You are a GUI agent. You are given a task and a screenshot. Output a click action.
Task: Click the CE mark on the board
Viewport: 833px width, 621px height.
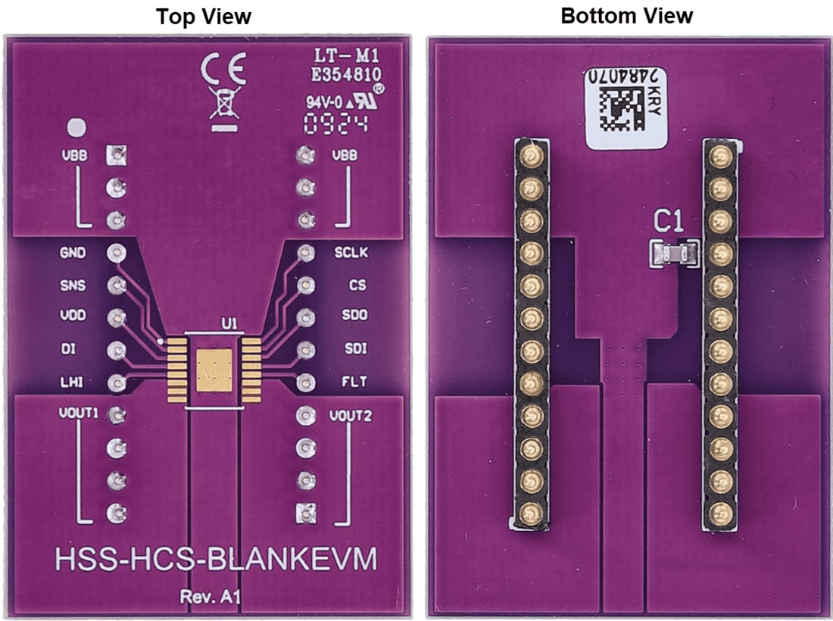[x=223, y=72]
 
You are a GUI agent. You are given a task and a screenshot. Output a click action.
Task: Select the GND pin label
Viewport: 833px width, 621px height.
[x=73, y=253]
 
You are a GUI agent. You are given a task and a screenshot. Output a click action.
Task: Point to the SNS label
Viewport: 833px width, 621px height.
[x=73, y=286]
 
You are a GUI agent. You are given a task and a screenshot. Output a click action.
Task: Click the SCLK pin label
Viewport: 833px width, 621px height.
[x=351, y=252]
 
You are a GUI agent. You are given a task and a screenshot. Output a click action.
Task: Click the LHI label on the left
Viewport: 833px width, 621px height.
[x=73, y=382]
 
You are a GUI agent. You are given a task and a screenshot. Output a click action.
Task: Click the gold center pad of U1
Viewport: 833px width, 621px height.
[x=214, y=371]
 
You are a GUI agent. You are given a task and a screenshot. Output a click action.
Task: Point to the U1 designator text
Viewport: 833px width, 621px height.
[x=229, y=323]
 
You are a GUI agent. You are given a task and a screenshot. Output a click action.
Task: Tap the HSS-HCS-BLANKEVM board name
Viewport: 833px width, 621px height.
[x=216, y=561]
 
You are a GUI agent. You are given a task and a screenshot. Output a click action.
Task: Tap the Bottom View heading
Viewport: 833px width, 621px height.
[x=626, y=15]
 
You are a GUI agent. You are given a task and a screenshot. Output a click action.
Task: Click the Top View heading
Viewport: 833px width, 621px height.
[x=204, y=17]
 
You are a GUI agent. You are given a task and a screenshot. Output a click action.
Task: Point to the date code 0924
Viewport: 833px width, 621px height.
[x=335, y=124]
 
